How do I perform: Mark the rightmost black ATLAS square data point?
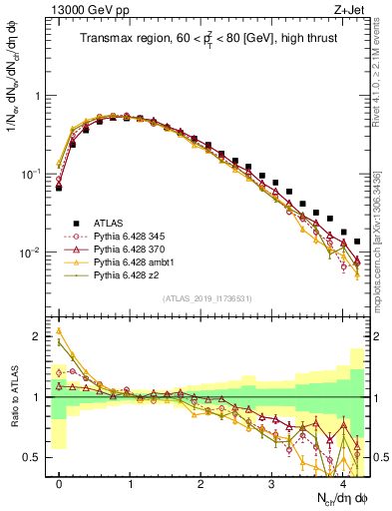coord(357,241)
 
